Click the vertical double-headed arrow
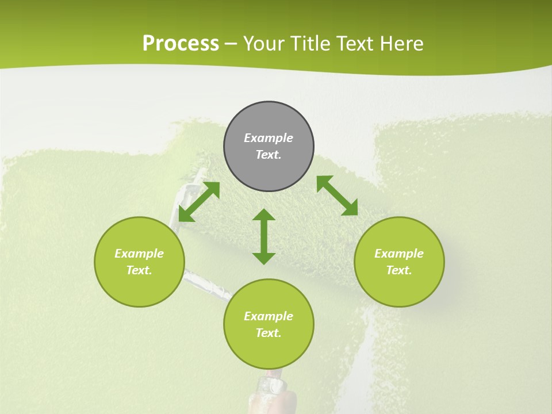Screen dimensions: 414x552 (x=264, y=236)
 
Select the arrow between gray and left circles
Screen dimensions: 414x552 (x=199, y=202)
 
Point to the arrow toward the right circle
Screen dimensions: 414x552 (x=337, y=195)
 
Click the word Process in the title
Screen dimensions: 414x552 (x=181, y=43)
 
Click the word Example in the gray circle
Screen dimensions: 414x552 (x=269, y=138)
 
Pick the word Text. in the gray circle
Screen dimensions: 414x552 (x=269, y=155)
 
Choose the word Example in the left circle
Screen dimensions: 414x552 (x=139, y=254)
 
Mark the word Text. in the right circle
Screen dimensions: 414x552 (x=399, y=270)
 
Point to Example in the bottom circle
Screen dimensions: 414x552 (x=269, y=316)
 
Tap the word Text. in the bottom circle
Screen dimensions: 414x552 (x=269, y=333)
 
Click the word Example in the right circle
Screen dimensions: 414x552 (x=399, y=254)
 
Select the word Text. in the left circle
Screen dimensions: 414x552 (x=139, y=270)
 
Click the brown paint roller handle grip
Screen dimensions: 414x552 (x=282, y=397)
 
